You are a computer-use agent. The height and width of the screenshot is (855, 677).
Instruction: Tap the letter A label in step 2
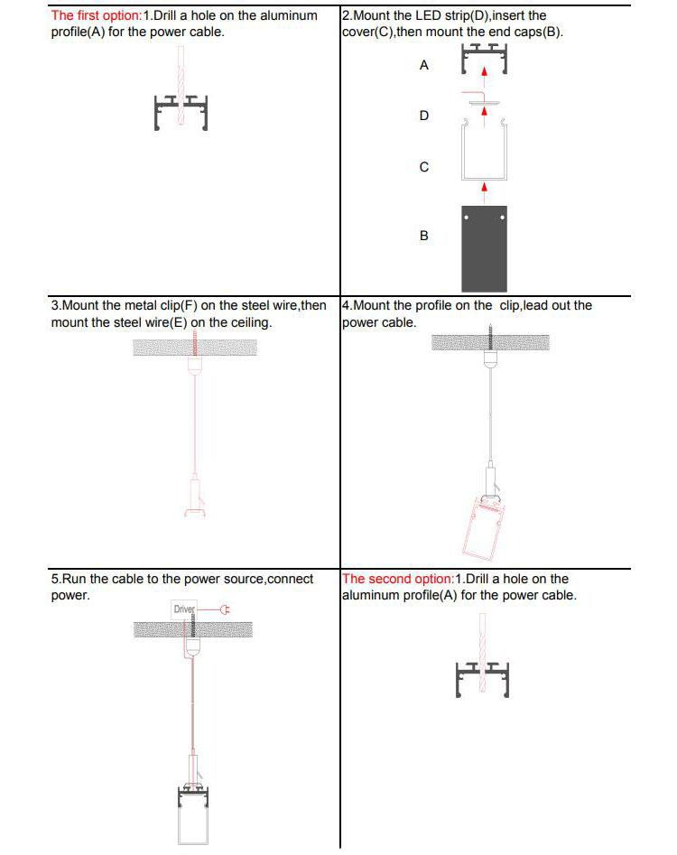click(x=424, y=66)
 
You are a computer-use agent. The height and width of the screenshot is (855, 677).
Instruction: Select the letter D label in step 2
click(x=424, y=116)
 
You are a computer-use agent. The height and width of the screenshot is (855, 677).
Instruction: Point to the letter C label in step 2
click(x=424, y=167)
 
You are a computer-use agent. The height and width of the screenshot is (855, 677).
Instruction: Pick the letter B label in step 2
click(x=424, y=236)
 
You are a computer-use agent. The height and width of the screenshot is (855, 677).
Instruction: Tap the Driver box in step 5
click(x=184, y=609)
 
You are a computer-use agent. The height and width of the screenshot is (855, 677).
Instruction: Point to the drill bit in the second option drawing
click(x=485, y=650)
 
